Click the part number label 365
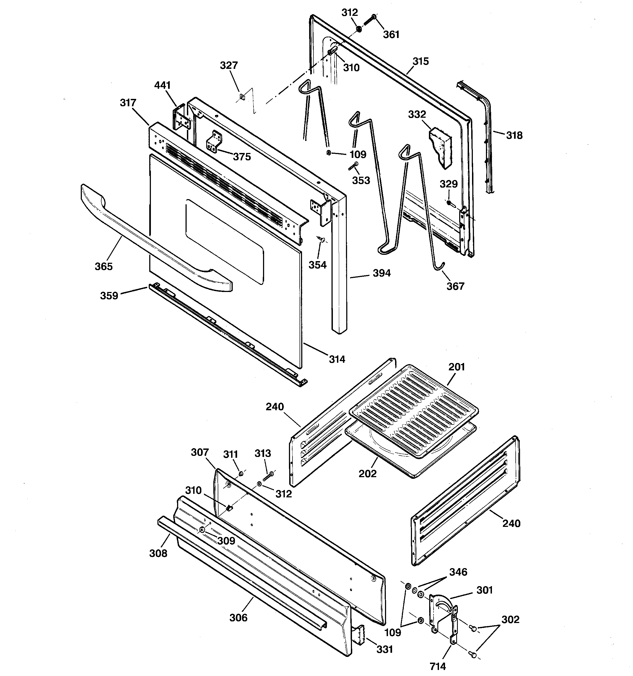(104, 266)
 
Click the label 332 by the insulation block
(417, 115)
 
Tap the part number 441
(162, 85)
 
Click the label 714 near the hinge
(438, 666)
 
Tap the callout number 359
(109, 296)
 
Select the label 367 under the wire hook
(455, 286)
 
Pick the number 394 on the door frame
(381, 273)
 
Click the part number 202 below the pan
(368, 474)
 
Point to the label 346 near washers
(458, 572)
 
